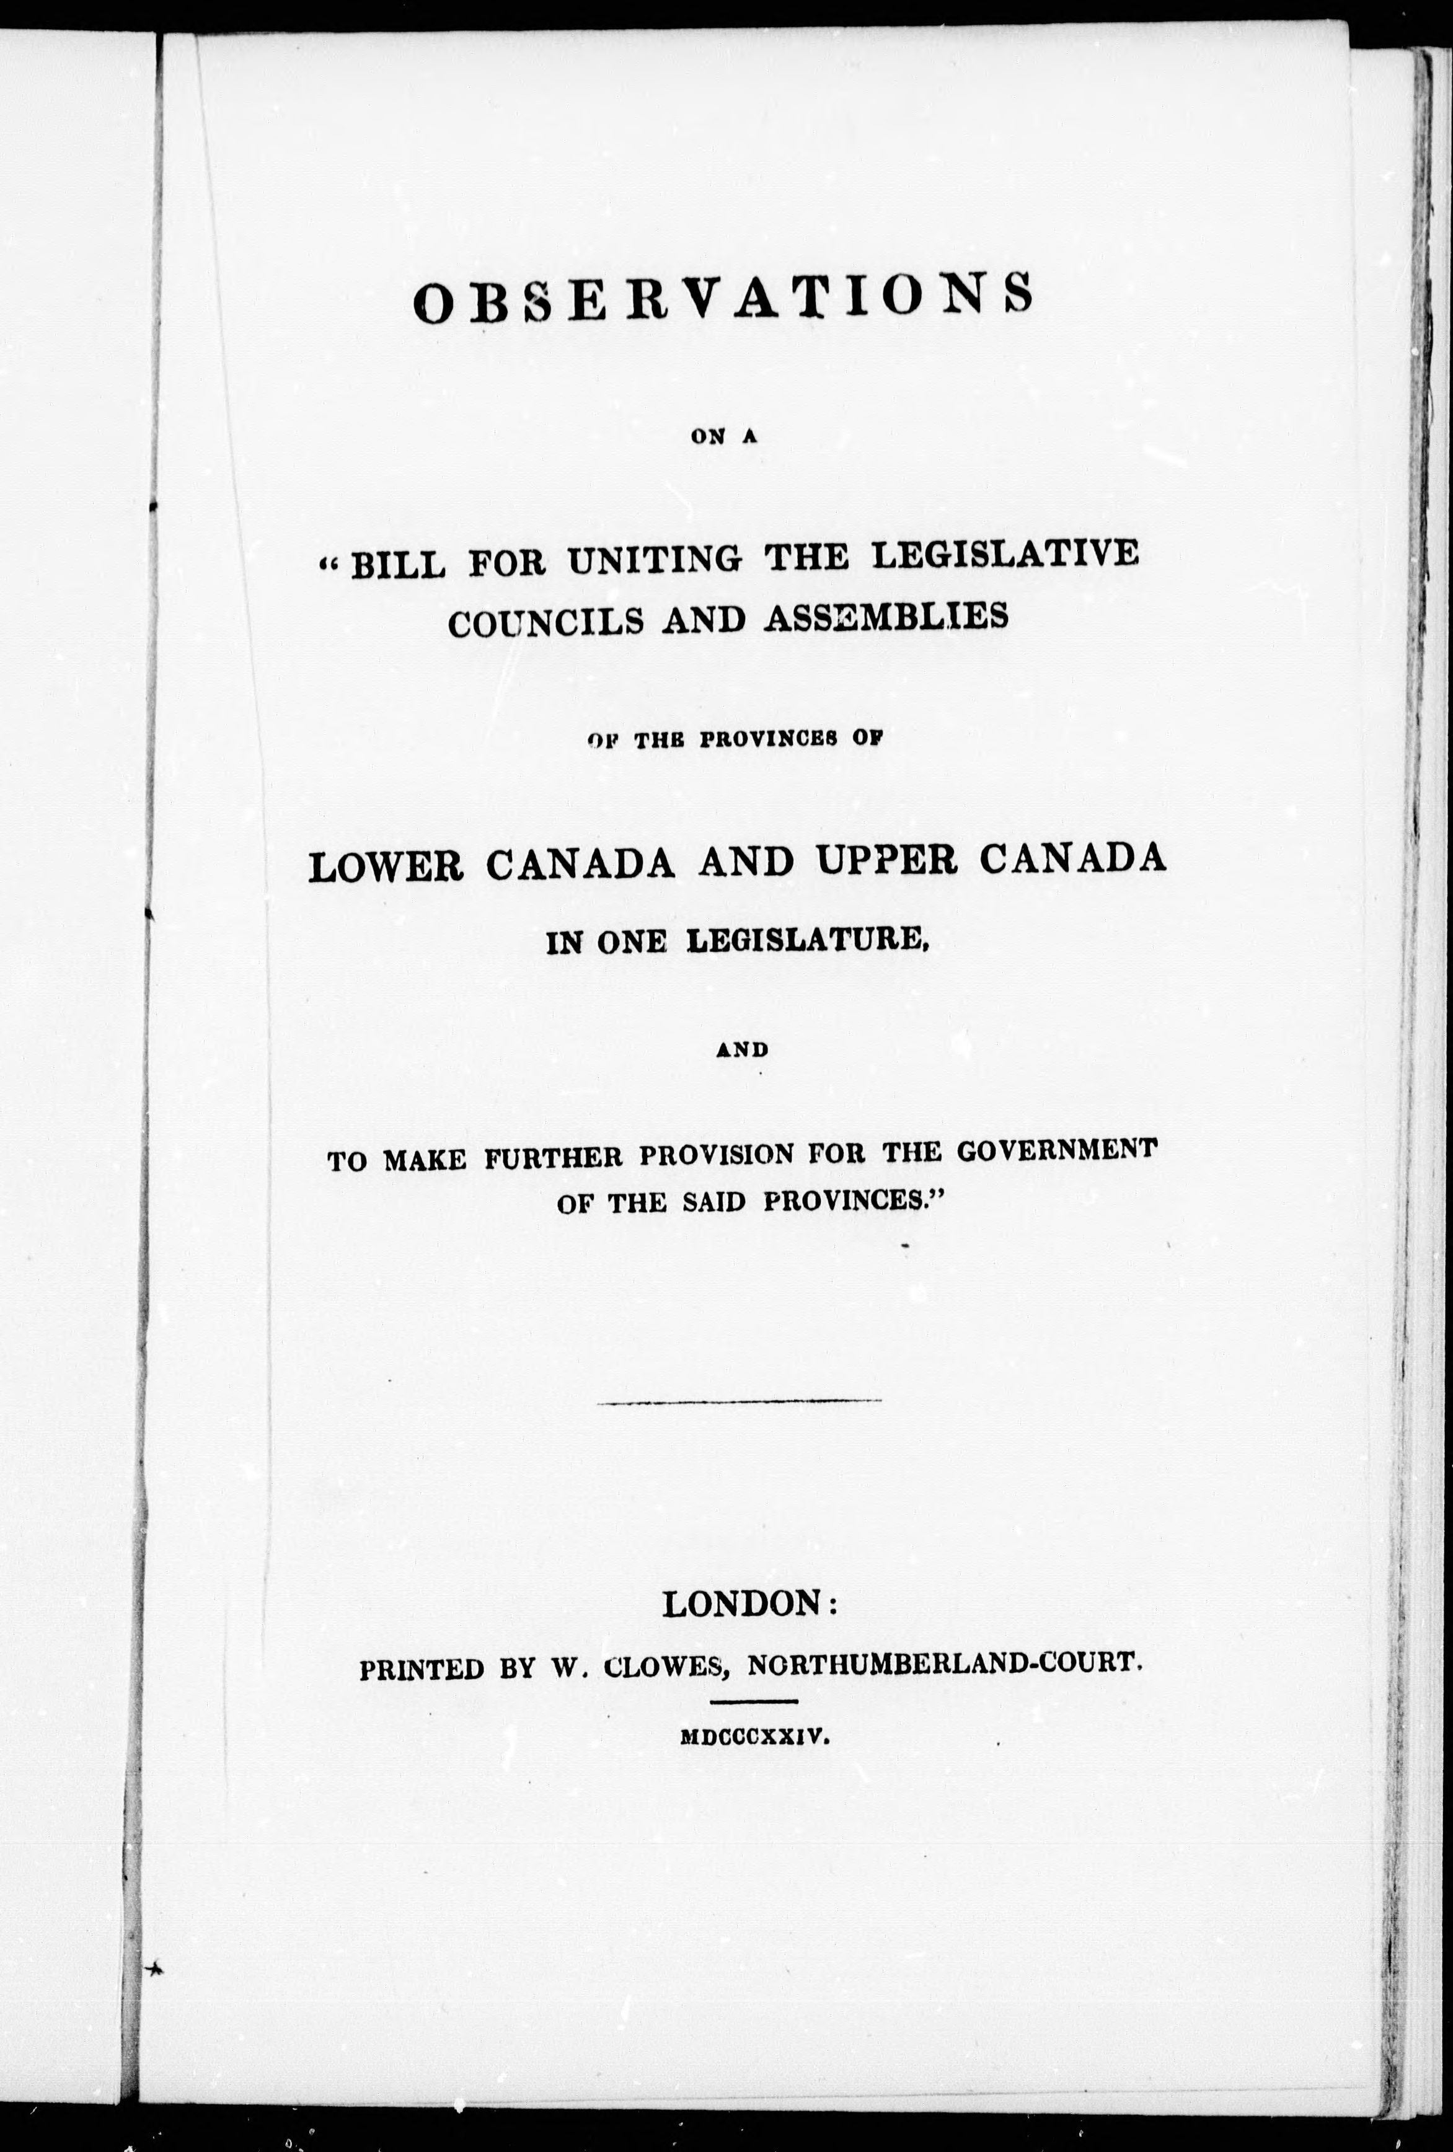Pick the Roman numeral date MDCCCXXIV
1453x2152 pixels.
(x=751, y=1739)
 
